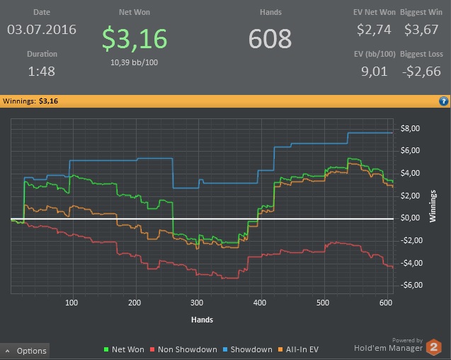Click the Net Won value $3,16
[x=135, y=39]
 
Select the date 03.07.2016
[x=42, y=30]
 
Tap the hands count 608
[x=270, y=39]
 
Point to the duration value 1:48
[x=42, y=72]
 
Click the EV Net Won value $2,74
[x=375, y=30]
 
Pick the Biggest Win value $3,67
[x=421, y=30]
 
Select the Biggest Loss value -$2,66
[x=422, y=72]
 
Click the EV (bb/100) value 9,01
[x=375, y=72]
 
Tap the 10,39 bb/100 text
[x=134, y=62]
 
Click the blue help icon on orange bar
[x=444, y=101]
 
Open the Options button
[x=26, y=350]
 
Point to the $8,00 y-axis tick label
[x=411, y=128]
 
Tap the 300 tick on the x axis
[x=198, y=303]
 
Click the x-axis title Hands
[x=202, y=319]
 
